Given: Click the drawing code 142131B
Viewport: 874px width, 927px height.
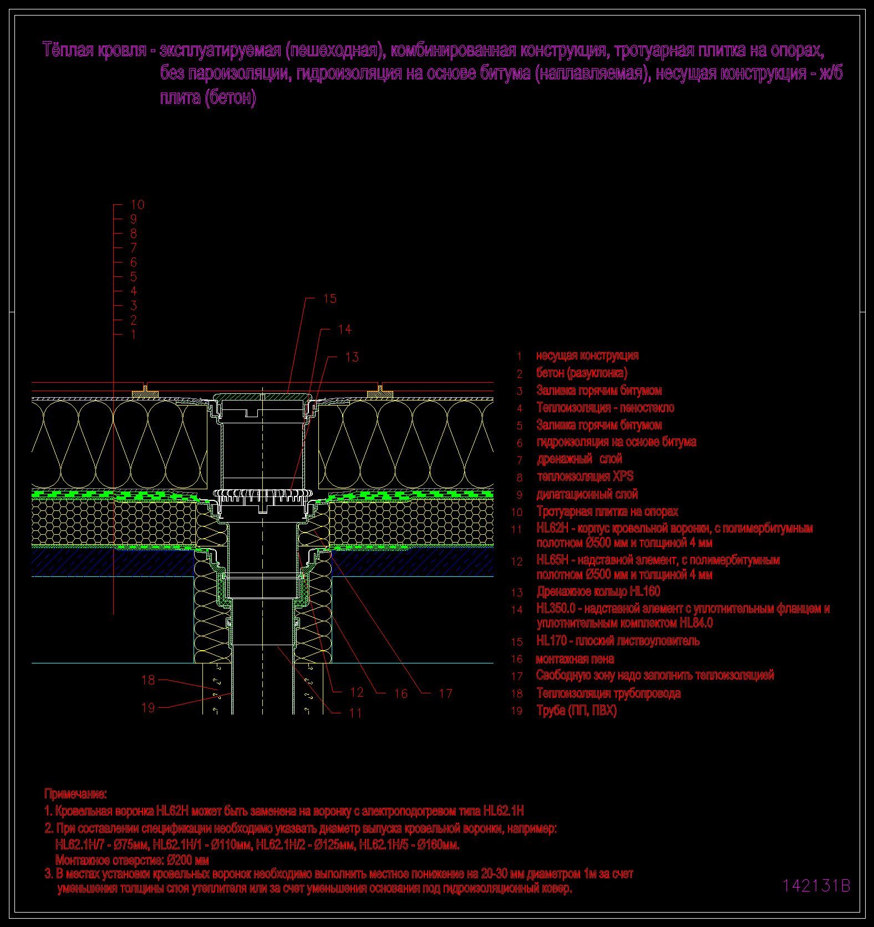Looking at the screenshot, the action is tap(816, 886).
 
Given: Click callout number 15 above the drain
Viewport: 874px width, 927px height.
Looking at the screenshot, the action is tap(330, 299).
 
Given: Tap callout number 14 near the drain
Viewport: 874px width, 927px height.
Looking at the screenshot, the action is tap(344, 330).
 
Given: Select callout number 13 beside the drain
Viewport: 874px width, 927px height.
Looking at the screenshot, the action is tap(352, 357).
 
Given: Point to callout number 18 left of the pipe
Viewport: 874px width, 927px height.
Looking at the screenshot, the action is tap(148, 680).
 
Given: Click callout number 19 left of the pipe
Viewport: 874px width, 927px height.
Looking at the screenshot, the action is tap(148, 708).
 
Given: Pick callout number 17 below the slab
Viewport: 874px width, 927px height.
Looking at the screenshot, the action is tap(445, 693).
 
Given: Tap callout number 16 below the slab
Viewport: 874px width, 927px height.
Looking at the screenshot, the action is tap(401, 693).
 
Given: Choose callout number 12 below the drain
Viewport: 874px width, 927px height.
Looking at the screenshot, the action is tap(357, 692).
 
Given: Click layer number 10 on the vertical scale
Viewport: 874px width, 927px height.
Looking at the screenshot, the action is tap(137, 205).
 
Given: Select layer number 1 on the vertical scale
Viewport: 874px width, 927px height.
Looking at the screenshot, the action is tap(133, 335).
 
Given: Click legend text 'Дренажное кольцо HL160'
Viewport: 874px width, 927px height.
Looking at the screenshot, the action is tap(598, 592).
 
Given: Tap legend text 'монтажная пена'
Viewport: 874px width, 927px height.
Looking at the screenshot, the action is tap(575, 660).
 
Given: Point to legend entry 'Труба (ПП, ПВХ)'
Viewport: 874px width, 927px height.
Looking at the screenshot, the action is tap(577, 711).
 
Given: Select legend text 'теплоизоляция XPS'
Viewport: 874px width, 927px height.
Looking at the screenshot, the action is tap(585, 477).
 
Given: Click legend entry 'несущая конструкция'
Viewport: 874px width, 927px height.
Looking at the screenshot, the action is tap(587, 356).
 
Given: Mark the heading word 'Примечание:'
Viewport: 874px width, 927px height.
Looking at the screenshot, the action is tap(76, 794).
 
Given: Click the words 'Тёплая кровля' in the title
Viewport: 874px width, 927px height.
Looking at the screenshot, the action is tap(95, 50).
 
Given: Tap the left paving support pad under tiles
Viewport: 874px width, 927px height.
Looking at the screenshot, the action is tap(145, 393).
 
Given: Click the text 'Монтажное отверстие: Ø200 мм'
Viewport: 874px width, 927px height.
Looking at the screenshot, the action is tap(132, 860).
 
